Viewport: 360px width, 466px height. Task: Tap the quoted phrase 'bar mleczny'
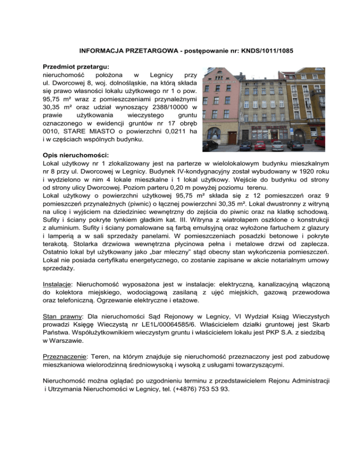point(151,251)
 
